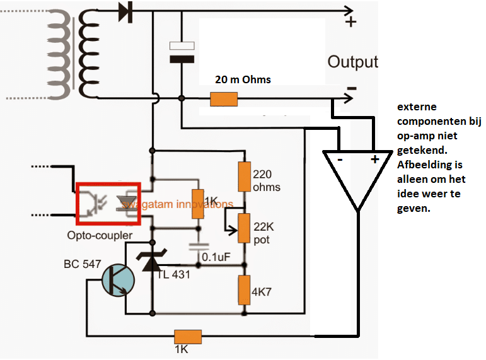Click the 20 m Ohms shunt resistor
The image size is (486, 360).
tap(224, 99)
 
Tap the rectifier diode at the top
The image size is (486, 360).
tap(126, 12)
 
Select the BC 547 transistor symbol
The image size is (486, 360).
tap(118, 281)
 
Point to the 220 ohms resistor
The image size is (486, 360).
tap(244, 177)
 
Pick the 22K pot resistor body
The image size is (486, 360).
tap(244, 228)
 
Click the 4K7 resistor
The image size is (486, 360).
tap(244, 290)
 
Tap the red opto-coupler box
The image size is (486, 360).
tap(108, 204)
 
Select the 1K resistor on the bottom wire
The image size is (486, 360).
tap(188, 337)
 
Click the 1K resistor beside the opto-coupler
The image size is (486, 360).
tap(198, 204)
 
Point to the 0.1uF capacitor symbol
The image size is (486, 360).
tap(199, 247)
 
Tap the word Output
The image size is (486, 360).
tap(353, 62)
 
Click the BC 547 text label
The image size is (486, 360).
tap(83, 264)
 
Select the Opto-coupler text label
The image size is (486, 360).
tap(100, 235)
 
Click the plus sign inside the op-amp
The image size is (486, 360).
tap(375, 160)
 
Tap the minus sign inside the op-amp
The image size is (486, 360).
tap(340, 160)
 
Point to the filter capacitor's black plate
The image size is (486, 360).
tap(182, 59)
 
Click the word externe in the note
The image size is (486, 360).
tap(417, 107)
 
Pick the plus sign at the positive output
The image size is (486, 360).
tap(351, 22)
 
